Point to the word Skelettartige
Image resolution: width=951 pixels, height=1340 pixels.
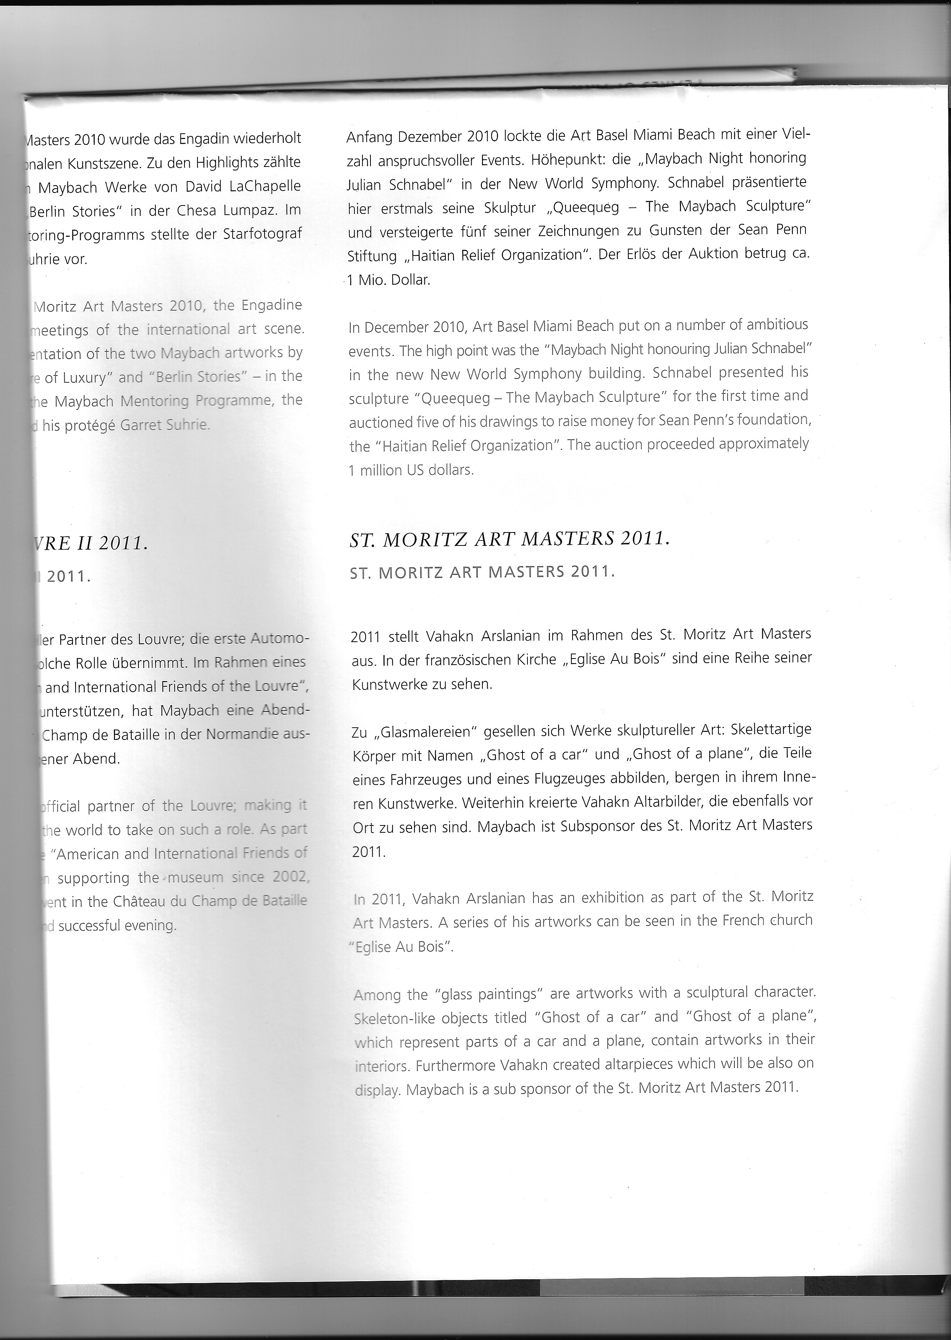(760, 730)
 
